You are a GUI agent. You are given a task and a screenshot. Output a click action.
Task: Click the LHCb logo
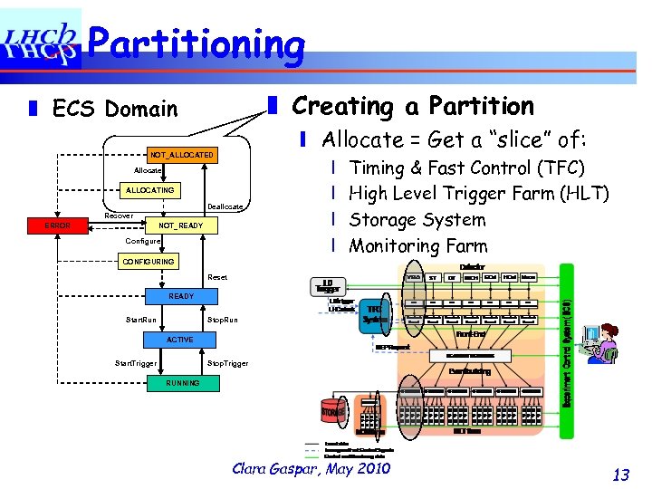click(x=41, y=41)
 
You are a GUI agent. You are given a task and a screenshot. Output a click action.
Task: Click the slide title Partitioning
click(x=197, y=43)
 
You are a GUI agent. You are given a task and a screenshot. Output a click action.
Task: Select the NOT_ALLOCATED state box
click(x=182, y=156)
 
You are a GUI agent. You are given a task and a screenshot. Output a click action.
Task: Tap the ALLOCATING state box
click(x=150, y=190)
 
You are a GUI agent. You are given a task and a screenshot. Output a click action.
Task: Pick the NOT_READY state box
click(x=181, y=225)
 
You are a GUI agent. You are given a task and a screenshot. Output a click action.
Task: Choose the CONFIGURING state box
click(x=149, y=262)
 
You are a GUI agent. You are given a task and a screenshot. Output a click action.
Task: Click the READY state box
click(x=181, y=296)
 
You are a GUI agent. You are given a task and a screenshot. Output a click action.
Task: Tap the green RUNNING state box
click(x=182, y=383)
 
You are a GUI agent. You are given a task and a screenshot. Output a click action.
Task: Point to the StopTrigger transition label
click(x=227, y=363)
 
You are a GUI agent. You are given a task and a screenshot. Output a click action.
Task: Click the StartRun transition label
click(x=140, y=320)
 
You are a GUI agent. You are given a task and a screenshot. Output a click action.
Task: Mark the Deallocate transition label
click(x=225, y=207)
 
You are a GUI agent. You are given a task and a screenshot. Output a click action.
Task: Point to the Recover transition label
click(x=119, y=216)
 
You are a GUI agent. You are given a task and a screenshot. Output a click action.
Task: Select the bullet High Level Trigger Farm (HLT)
click(x=478, y=193)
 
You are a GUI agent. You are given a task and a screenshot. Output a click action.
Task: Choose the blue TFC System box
click(x=374, y=312)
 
